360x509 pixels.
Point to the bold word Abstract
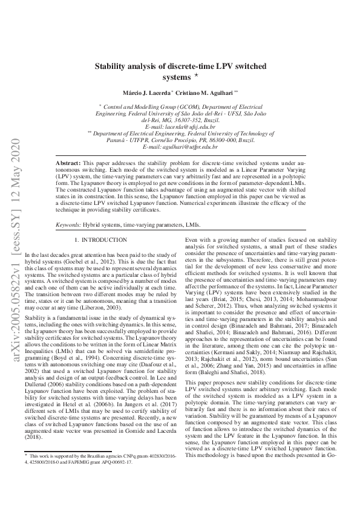pos(68,164)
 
